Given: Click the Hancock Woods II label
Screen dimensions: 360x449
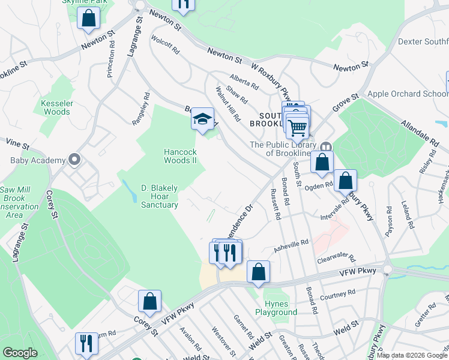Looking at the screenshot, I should point(181,156).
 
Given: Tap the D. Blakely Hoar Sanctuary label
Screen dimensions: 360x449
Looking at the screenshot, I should point(159,196).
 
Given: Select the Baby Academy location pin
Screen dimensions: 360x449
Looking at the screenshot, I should point(74,160).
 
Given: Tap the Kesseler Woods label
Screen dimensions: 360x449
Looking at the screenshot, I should point(56,107).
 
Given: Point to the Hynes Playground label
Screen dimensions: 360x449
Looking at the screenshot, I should point(276,308).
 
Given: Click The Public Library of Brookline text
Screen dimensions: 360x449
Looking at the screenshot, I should point(283,148).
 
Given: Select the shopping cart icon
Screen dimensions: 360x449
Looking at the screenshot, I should point(297,127).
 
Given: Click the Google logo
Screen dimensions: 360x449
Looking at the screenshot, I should point(20,353).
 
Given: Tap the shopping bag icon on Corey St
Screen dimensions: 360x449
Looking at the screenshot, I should point(149,301).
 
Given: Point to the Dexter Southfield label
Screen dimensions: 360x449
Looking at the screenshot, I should point(423,42).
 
